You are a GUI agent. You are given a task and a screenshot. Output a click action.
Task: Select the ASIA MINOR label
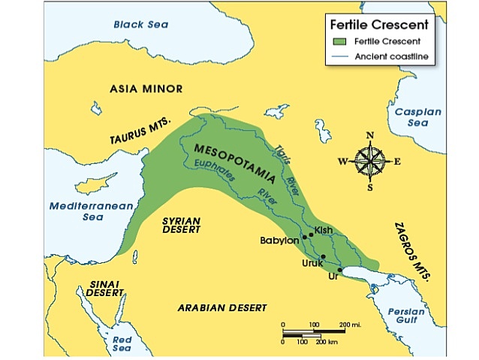point(146,89)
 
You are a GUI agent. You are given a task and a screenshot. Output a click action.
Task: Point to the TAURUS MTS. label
point(141,132)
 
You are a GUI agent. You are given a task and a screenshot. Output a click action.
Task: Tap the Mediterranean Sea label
point(80,210)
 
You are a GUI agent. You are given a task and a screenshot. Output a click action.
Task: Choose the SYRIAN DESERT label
point(181,225)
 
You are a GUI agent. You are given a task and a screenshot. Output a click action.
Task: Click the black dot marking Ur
point(340,270)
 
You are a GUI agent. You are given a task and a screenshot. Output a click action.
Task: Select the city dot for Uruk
point(323,257)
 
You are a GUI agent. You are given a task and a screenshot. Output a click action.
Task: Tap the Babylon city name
point(279,241)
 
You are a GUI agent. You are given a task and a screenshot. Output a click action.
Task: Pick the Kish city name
point(324,229)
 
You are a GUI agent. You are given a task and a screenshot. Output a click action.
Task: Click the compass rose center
point(369,161)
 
